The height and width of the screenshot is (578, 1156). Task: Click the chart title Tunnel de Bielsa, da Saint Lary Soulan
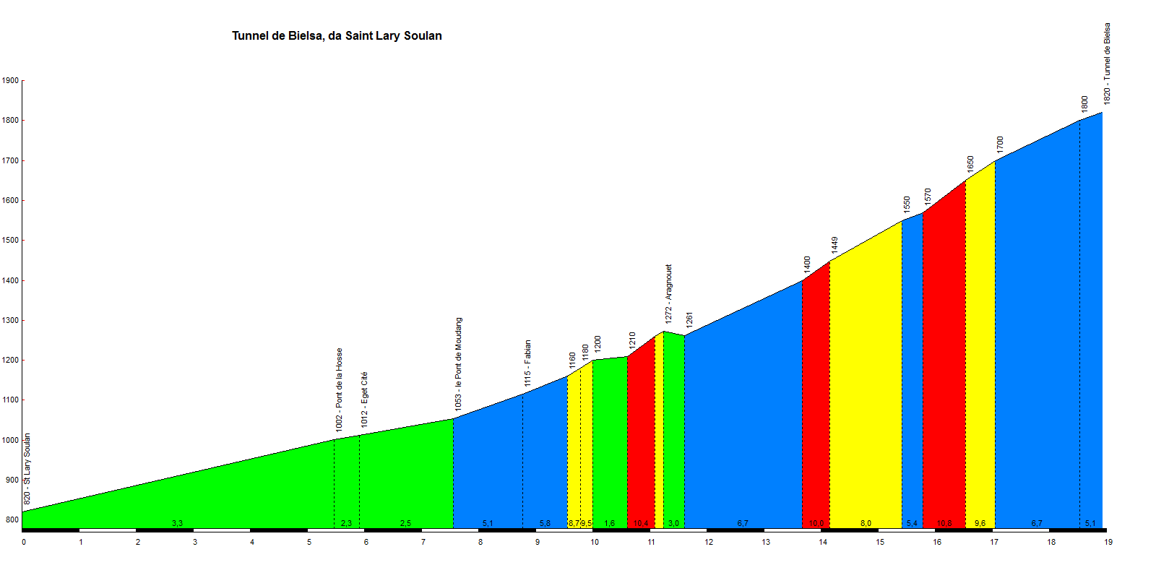337,36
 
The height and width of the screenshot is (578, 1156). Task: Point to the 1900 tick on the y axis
10,81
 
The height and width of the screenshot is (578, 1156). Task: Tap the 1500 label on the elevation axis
10,241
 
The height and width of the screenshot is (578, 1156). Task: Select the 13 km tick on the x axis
766,542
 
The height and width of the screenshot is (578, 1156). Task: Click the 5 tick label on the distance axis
309,542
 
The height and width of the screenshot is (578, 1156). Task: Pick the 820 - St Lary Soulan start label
27,469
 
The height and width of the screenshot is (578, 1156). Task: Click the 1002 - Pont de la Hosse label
340,390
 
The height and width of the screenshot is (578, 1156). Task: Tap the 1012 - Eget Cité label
365,400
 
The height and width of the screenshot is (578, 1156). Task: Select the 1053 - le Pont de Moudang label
459,364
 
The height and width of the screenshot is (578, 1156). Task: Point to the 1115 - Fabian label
528,363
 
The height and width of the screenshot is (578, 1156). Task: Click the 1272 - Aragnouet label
669,293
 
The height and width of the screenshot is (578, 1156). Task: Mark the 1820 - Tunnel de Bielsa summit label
1108,64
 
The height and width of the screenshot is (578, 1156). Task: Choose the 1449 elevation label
834,245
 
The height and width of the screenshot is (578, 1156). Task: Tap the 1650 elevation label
971,164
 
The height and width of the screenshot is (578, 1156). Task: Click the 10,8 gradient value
944,523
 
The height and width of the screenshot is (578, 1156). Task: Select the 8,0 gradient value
866,523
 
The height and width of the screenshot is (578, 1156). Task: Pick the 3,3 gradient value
177,523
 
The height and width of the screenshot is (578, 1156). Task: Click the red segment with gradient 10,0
816,405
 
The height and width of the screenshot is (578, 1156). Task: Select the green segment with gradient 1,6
610,441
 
